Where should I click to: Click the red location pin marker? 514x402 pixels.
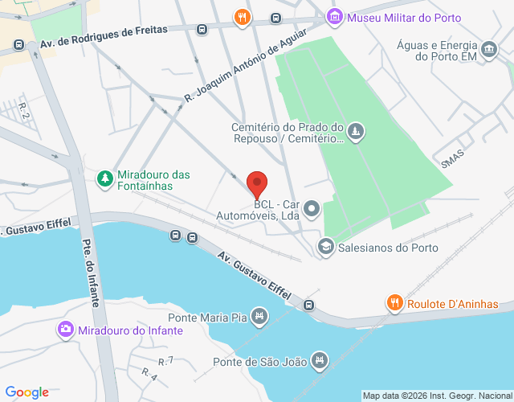click(x=257, y=185)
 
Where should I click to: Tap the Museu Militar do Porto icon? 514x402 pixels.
click(x=335, y=15)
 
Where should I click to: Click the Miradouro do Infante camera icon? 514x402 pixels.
click(x=65, y=330)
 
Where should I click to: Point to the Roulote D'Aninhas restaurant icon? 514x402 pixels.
click(x=394, y=303)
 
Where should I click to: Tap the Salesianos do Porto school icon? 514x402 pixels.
click(x=325, y=247)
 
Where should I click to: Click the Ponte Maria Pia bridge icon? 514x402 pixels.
click(x=259, y=316)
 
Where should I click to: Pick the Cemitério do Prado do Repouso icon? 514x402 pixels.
click(x=357, y=131)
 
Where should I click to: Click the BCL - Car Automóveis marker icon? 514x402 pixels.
click(x=312, y=210)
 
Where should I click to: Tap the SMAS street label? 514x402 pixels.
click(x=453, y=158)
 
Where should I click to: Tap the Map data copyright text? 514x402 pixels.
click(x=436, y=396)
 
